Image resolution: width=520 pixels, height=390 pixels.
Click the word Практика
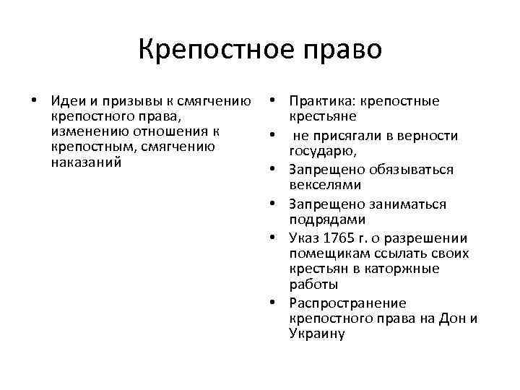click(x=321, y=102)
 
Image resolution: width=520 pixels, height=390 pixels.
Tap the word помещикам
click(x=323, y=253)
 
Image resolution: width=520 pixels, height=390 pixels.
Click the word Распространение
click(x=347, y=303)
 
